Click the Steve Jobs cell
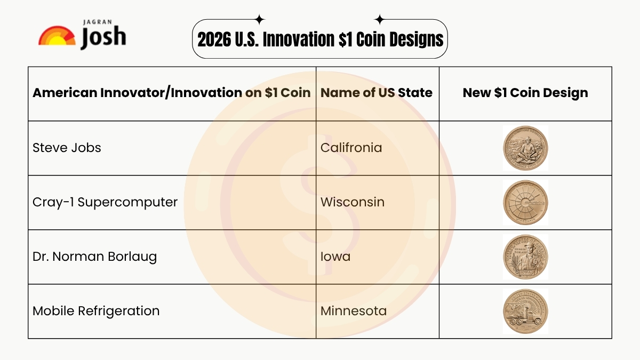click(67, 148)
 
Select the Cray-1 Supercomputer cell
click(105, 202)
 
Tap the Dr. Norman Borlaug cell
click(95, 257)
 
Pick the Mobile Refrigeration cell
click(96, 311)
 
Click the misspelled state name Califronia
click(351, 148)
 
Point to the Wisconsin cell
click(352, 202)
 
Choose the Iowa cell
click(335, 257)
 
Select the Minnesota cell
click(353, 311)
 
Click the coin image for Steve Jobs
click(525, 148)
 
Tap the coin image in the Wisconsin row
click(525, 203)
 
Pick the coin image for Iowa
click(525, 257)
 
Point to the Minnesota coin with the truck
click(525, 311)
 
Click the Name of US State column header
click(376, 93)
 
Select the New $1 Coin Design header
click(525, 93)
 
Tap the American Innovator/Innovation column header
click(171, 93)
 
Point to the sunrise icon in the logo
click(57, 36)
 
